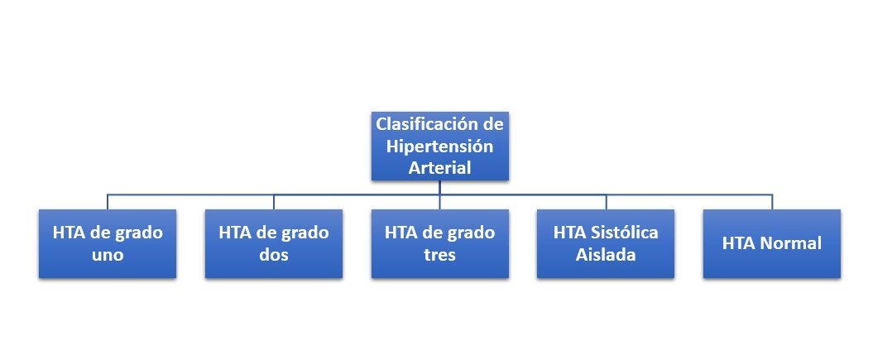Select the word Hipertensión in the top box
click(x=439, y=146)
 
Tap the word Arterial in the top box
click(x=439, y=168)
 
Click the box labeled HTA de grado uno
click(x=108, y=243)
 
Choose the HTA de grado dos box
click(x=274, y=243)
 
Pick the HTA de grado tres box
click(x=439, y=243)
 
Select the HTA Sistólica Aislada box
click(x=606, y=243)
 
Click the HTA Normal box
click(x=772, y=243)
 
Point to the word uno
click(x=108, y=256)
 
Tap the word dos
click(x=274, y=254)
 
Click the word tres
click(x=439, y=255)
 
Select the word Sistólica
click(x=623, y=233)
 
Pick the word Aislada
click(x=606, y=254)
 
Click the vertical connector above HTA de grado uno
click(x=108, y=202)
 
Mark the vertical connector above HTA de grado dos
click(x=274, y=202)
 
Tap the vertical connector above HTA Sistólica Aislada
click(x=606, y=202)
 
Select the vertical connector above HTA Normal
click(x=772, y=202)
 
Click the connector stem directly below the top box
click(x=439, y=188)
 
